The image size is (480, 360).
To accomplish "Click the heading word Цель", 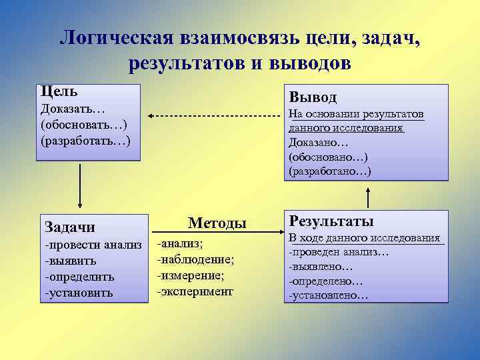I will pyautogui.click(x=59, y=91).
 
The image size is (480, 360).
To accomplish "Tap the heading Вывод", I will pyautogui.click(x=312, y=97).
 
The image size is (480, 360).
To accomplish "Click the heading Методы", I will pyautogui.click(x=217, y=223).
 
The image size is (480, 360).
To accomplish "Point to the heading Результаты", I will pyautogui.click(x=331, y=221).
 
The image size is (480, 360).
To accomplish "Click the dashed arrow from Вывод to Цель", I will pyautogui.click(x=213, y=116).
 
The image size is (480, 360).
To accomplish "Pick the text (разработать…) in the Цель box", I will pyautogui.click(x=85, y=141).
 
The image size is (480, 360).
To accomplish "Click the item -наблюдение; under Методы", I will pyautogui.click(x=195, y=259).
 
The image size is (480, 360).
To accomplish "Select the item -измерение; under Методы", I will pyautogui.click(x=191, y=275).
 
